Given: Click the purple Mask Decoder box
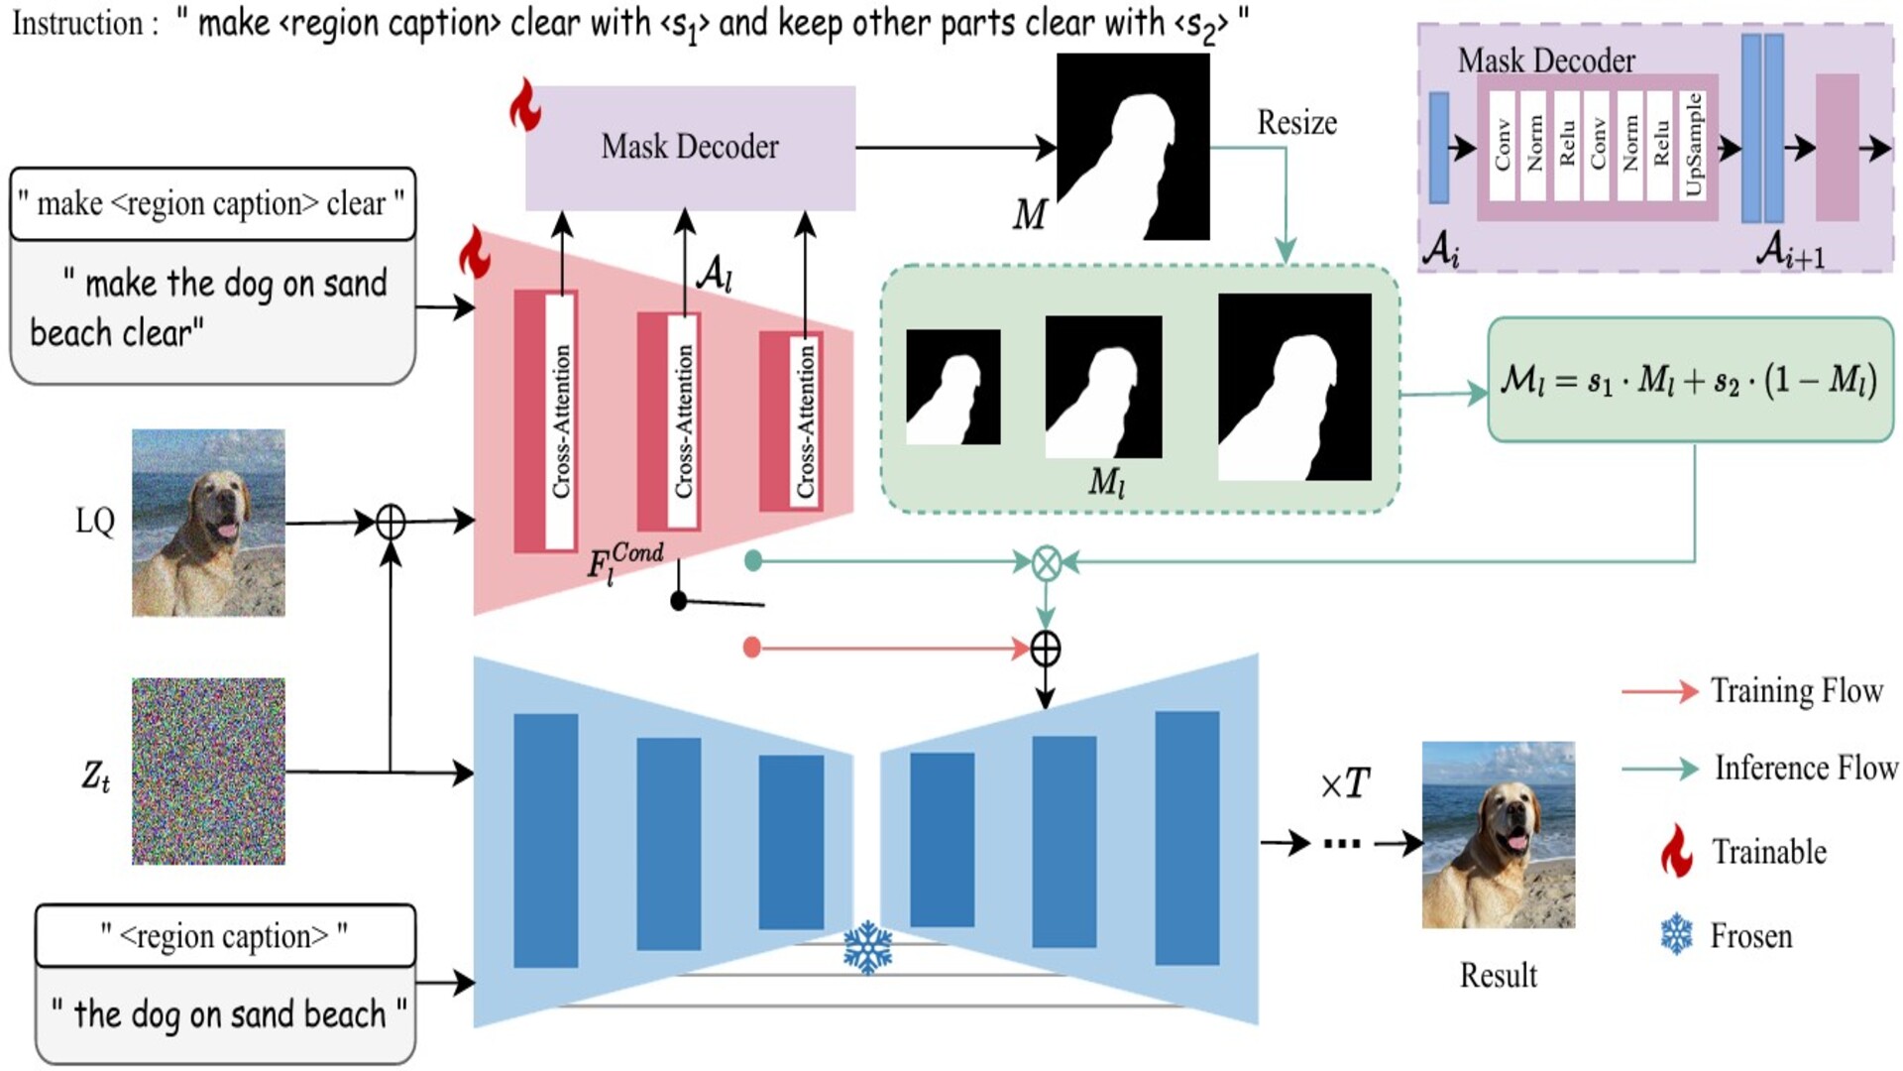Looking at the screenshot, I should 690,148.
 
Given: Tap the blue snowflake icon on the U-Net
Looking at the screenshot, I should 867,947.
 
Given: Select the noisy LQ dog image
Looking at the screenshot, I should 208,523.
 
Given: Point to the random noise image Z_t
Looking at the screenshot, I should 208,771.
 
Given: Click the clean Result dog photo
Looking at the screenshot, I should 1498,835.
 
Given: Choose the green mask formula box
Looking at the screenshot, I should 1690,380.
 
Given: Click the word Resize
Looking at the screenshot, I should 1296,123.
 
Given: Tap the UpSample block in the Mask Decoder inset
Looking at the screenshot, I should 1693,146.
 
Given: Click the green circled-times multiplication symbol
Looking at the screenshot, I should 1046,563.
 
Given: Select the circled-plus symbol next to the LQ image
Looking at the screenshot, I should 391,522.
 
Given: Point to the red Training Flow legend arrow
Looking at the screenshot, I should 1659,691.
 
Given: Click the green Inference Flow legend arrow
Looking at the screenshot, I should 1659,769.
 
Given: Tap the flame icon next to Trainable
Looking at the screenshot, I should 1676,851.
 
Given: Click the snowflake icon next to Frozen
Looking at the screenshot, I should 1676,935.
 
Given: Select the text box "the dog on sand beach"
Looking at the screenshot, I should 225,1014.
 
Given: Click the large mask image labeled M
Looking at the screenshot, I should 1133,147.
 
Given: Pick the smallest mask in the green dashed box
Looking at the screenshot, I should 952,387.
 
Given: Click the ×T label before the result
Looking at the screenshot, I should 1345,784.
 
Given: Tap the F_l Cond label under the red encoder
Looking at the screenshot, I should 624,562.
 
